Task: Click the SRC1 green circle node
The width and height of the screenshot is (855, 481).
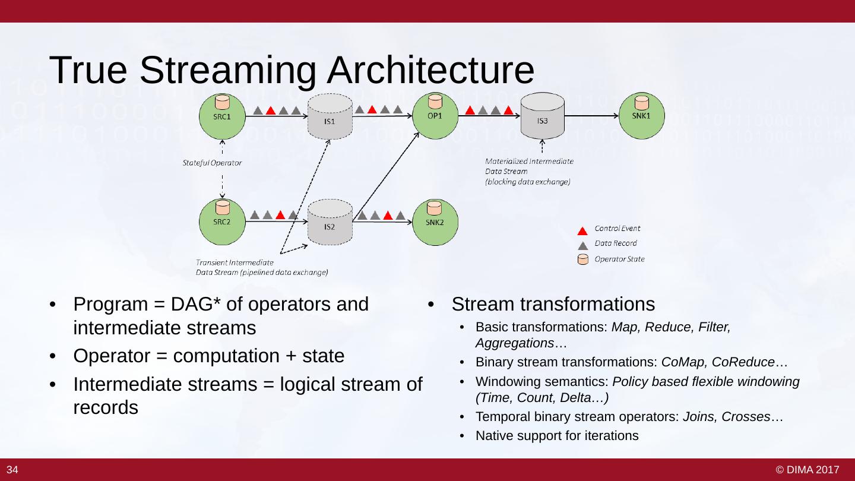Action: [221, 116]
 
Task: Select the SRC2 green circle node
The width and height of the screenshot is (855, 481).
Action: [221, 221]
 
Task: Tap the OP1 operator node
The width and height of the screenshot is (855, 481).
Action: [434, 116]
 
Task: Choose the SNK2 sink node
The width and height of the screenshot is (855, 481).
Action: [434, 221]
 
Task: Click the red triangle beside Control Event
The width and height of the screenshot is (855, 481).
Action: [583, 230]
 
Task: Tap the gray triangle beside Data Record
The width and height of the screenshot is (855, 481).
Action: [583, 244]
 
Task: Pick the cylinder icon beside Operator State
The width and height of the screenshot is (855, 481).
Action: [583, 260]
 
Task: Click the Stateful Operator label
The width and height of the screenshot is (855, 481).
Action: [212, 163]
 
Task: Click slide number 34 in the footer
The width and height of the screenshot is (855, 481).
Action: [12, 470]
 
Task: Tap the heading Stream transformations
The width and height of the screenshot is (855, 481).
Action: [553, 304]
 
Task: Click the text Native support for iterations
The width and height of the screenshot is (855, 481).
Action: [556, 436]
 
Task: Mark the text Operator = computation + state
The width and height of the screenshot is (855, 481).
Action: [208, 356]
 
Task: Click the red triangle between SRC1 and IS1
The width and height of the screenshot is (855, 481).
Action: [271, 110]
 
